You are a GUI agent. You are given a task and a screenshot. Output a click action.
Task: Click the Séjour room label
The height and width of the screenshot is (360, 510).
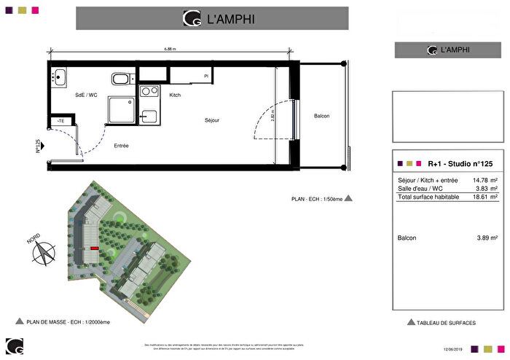point(212,120)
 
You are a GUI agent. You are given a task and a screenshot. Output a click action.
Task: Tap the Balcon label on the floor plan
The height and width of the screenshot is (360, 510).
point(321,116)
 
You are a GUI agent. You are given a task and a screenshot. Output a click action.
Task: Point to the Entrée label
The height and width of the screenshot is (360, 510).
point(121,146)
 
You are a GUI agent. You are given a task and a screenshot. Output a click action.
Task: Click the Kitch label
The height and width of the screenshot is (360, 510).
point(175,95)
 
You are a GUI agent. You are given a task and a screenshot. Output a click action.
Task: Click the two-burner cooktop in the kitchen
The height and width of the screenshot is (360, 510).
point(149,92)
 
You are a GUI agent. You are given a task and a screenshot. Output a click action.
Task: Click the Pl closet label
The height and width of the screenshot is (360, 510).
point(206,77)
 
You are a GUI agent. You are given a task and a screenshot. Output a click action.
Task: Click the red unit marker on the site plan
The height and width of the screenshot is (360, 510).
point(94,249)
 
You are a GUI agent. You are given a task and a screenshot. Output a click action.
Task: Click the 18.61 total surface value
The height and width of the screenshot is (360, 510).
point(478,197)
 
